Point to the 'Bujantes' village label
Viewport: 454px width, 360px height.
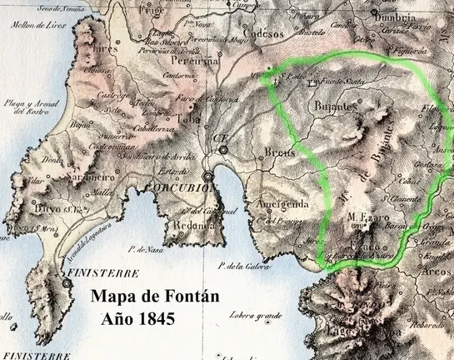(x=337, y=107)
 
